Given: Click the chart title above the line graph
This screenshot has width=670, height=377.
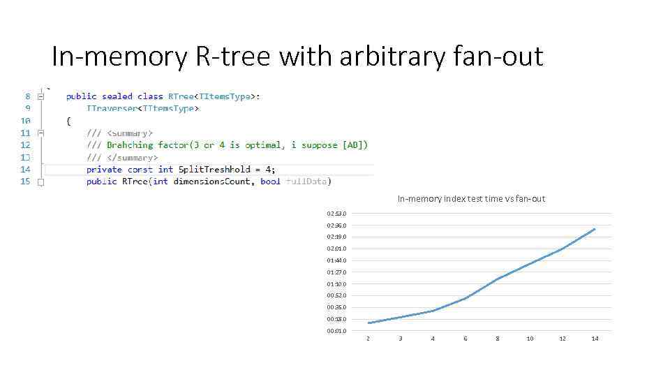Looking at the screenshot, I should tap(471, 199).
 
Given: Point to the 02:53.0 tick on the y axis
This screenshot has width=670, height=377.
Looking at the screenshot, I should tap(336, 214).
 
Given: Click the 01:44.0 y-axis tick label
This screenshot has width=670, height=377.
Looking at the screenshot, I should tap(336, 260).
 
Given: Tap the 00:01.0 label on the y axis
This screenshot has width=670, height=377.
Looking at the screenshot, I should tap(336, 331).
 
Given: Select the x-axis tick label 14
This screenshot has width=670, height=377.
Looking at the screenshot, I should tap(595, 339).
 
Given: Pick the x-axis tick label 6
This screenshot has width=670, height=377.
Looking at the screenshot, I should tap(466, 339).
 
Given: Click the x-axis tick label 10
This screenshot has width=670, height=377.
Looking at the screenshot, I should tap(530, 339).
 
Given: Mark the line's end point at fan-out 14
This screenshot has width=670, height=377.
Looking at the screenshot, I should tap(595, 229).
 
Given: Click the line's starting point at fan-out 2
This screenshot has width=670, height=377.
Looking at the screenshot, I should tap(368, 323).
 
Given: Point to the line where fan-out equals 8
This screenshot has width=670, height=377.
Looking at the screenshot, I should tap(498, 279).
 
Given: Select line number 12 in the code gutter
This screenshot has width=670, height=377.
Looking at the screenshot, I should tap(25, 145).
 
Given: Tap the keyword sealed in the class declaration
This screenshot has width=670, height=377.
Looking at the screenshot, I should tap(117, 96).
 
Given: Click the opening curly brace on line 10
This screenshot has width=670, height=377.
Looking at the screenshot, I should tap(68, 121).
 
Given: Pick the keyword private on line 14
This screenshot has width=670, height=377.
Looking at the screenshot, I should tap(104, 169).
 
